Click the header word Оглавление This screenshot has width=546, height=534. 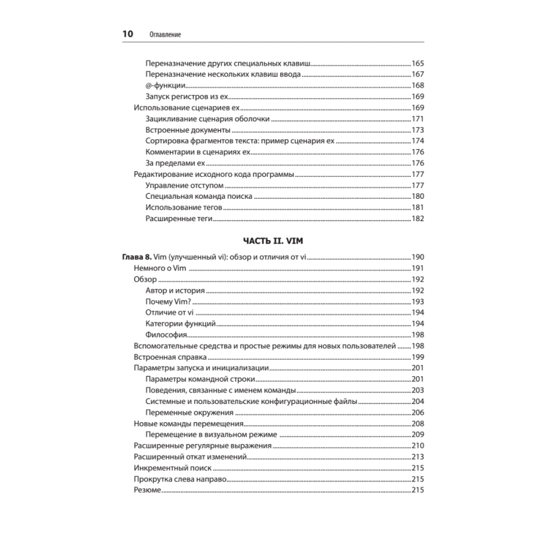165,34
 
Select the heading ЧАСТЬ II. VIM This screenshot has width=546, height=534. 272,240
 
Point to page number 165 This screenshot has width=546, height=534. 418,63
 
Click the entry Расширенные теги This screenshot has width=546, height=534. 179,219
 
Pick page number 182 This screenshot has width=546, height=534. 418,219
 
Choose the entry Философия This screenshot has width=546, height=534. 167,335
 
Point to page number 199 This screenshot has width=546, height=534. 418,357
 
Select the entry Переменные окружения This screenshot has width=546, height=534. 189,413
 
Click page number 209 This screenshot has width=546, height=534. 418,435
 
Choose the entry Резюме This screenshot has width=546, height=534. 147,490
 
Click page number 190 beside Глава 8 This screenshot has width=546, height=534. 418,257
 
